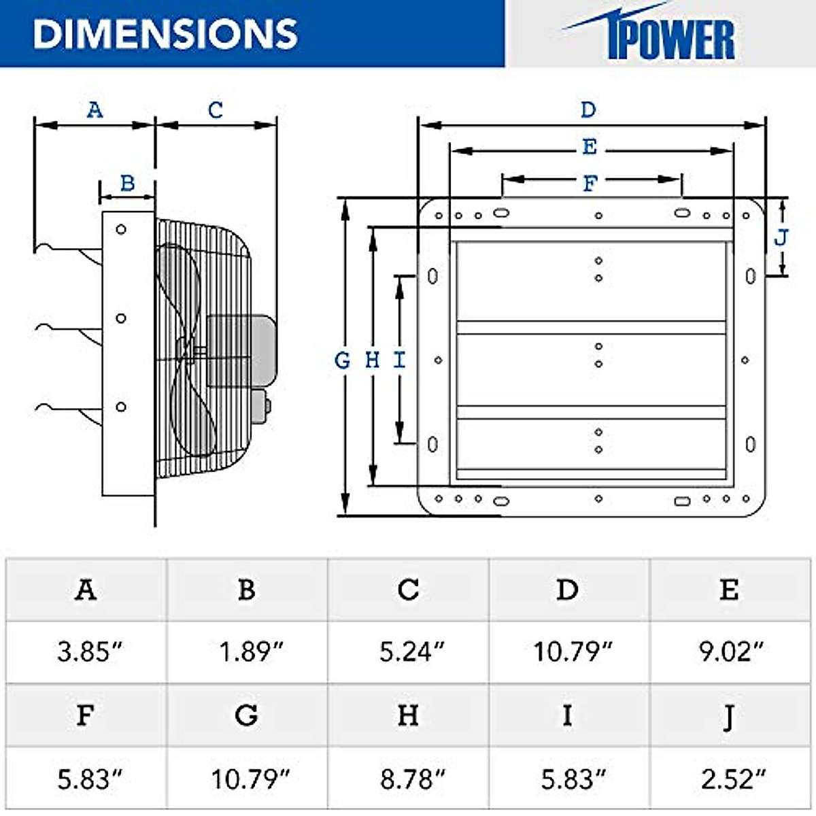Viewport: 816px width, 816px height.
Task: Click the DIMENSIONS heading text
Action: pos(165,33)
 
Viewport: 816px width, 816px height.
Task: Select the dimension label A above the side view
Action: pos(95,109)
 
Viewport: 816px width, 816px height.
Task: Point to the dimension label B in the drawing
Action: pos(127,183)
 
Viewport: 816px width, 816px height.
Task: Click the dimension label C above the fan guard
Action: pos(216,109)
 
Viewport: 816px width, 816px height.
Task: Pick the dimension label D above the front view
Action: pos(588,109)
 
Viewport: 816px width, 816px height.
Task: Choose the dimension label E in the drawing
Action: pos(590,147)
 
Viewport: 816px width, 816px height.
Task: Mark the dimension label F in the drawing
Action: pos(590,183)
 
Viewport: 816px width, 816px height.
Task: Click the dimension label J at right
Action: pos(781,237)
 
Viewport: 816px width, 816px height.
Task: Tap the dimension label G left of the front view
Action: pos(343,360)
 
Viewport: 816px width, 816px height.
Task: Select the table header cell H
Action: pos(408,715)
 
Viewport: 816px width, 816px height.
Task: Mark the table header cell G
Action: pos(246,715)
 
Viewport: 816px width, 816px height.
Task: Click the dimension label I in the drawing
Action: pos(400,360)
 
